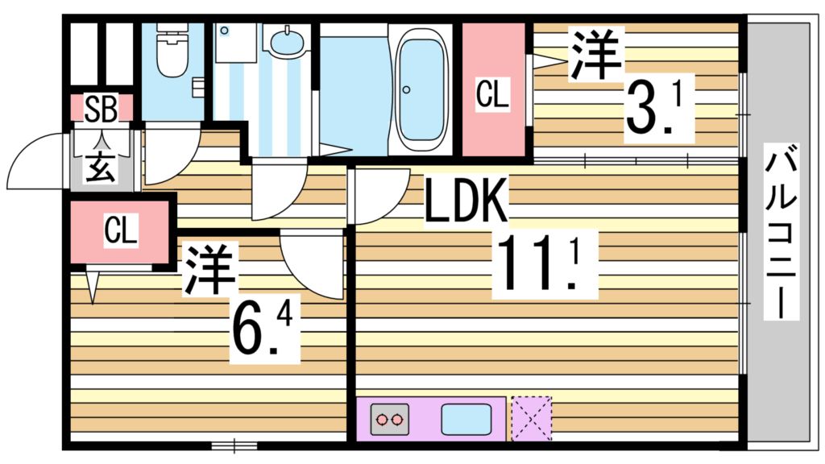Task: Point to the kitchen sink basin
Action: coord(466,420)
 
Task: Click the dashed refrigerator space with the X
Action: coord(532,418)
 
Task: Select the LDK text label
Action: coord(466,203)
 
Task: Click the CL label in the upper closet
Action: coord(492,94)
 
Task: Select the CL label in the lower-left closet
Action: coord(120,232)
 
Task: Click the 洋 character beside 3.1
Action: coord(597,54)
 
